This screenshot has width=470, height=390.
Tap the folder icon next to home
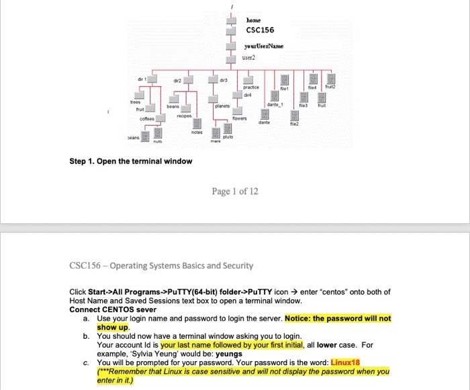tap(231, 20)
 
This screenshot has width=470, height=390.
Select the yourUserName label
tap(263, 46)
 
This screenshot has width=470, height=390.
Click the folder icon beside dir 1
tap(152, 79)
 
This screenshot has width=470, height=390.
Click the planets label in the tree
tap(223, 106)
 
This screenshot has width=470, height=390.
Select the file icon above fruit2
tap(329, 78)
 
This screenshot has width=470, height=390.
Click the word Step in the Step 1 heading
tap(80, 161)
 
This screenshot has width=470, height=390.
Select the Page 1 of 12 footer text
tap(235, 192)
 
